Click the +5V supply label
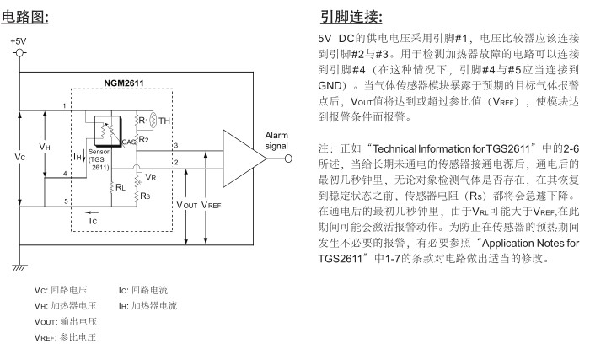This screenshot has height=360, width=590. coord(19,40)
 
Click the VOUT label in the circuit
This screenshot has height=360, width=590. coord(187,203)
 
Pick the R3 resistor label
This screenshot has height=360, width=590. coord(145,196)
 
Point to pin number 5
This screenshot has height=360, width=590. coord(65,200)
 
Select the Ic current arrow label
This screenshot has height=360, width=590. coord(94,218)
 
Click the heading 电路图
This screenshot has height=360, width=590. coord(30,16)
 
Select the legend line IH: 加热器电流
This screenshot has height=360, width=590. coord(148,306)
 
